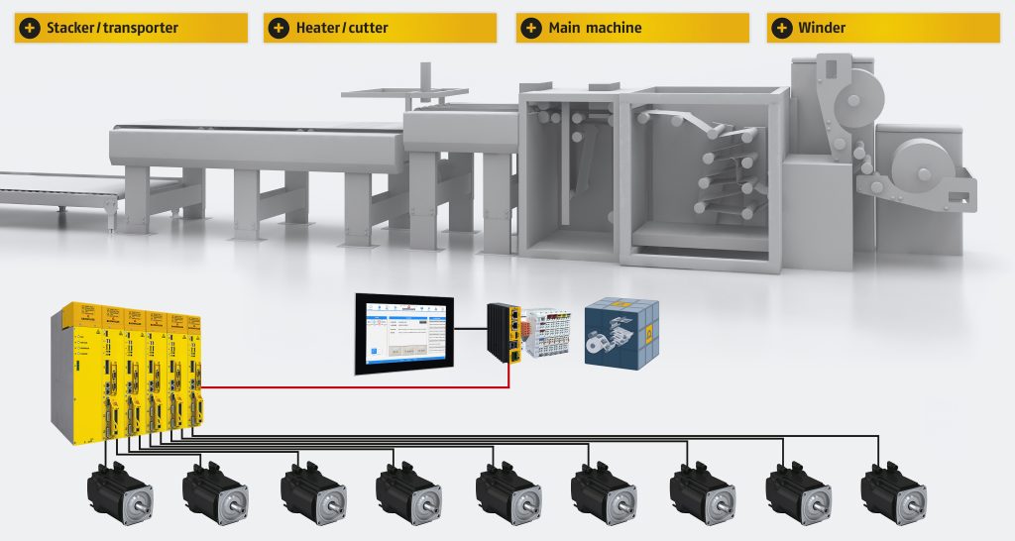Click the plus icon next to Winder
782,28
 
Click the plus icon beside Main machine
532,28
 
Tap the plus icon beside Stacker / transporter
30,28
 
